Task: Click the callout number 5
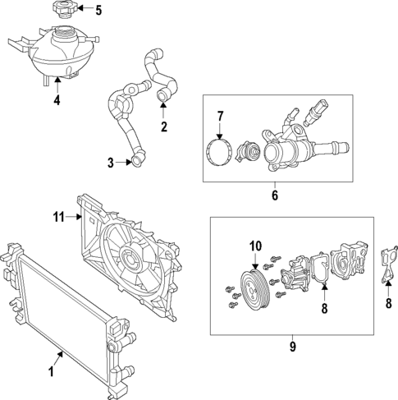98,11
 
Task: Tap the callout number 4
57,101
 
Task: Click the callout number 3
112,163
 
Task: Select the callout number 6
275,196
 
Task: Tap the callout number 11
58,218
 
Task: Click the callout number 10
254,245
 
